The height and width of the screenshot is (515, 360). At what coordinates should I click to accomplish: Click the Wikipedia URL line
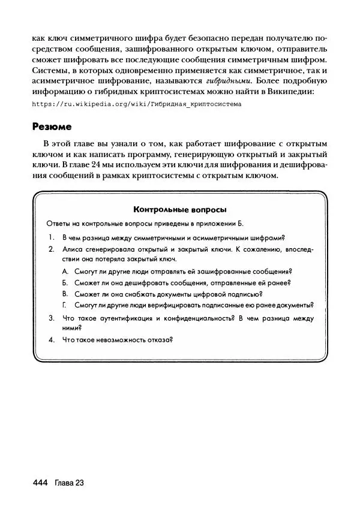[136, 104]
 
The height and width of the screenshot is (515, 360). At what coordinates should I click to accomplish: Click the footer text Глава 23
[68, 483]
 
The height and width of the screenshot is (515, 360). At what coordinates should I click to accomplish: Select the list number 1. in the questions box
[52, 237]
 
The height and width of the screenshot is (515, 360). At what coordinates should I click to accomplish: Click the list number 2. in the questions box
[52, 248]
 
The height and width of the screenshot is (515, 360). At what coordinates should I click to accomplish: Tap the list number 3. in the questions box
[52, 318]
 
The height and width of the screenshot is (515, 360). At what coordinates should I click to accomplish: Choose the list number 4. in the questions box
[52, 340]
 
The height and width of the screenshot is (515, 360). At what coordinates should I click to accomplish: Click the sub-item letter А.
[65, 272]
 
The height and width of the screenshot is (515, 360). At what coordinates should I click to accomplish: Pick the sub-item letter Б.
[65, 283]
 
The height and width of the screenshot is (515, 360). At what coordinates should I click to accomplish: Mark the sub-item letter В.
[65, 294]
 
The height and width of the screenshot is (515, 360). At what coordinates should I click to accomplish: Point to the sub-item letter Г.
[65, 305]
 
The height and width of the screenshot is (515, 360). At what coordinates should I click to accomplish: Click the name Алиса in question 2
[73, 248]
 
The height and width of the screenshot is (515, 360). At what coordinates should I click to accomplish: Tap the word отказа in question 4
[158, 340]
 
